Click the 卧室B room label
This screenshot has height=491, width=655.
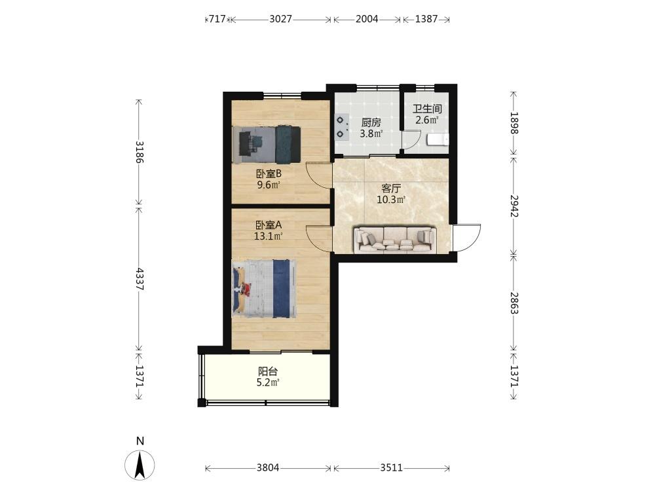coord(269,173)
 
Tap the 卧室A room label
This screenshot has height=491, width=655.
coord(269,225)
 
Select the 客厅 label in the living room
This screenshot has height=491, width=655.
coord(391,189)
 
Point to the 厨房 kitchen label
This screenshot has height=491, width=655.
coord(371,123)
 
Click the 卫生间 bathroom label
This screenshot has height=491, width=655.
coord(427,109)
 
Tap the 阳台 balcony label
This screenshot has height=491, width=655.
coord(268,371)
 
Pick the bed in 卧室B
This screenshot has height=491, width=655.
coord(267,145)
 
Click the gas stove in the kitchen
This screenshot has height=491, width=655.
coord(342,127)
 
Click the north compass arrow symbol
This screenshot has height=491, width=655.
coord(140,465)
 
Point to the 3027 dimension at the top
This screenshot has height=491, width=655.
coord(281,19)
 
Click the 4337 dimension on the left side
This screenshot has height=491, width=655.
coord(140,279)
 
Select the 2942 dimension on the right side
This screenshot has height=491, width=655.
coord(514,206)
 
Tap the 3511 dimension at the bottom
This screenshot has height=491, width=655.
coord(392,467)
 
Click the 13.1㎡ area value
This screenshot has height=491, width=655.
coord(269,236)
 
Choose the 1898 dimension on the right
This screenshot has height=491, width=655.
coord(514,123)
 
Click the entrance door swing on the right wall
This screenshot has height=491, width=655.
coord(467,238)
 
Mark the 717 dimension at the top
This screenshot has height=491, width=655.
coord(217,19)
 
